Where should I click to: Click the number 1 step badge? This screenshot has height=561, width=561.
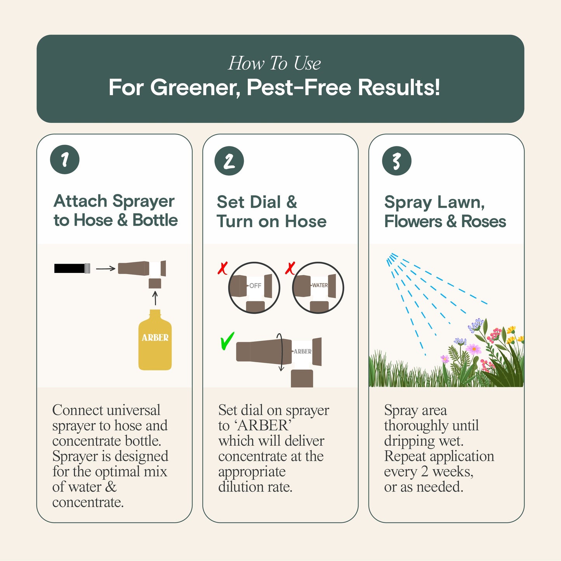click(x=65, y=160)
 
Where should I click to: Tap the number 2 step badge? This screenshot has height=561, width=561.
click(x=229, y=161)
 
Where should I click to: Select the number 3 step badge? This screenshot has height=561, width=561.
click(x=396, y=161)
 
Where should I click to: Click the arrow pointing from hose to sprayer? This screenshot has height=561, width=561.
click(x=106, y=268)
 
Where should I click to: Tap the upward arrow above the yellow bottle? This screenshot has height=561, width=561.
click(x=155, y=298)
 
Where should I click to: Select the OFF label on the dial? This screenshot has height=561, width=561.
click(x=255, y=286)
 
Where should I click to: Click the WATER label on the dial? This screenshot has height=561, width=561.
click(x=320, y=285)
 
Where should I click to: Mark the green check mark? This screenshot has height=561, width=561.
click(x=227, y=341)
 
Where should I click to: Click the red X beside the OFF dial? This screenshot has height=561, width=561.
click(x=222, y=268)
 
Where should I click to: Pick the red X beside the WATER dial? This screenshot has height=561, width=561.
click(x=290, y=268)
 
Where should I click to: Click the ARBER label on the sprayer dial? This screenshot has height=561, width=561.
click(x=302, y=351)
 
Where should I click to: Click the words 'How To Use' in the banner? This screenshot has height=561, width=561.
click(x=274, y=63)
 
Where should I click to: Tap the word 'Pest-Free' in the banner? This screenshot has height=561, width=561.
click(x=299, y=87)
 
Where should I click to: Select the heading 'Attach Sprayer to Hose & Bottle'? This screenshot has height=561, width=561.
click(x=115, y=210)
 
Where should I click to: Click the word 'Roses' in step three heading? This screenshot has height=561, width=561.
click(x=483, y=222)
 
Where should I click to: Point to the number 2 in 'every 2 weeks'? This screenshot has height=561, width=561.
click(x=425, y=472)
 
